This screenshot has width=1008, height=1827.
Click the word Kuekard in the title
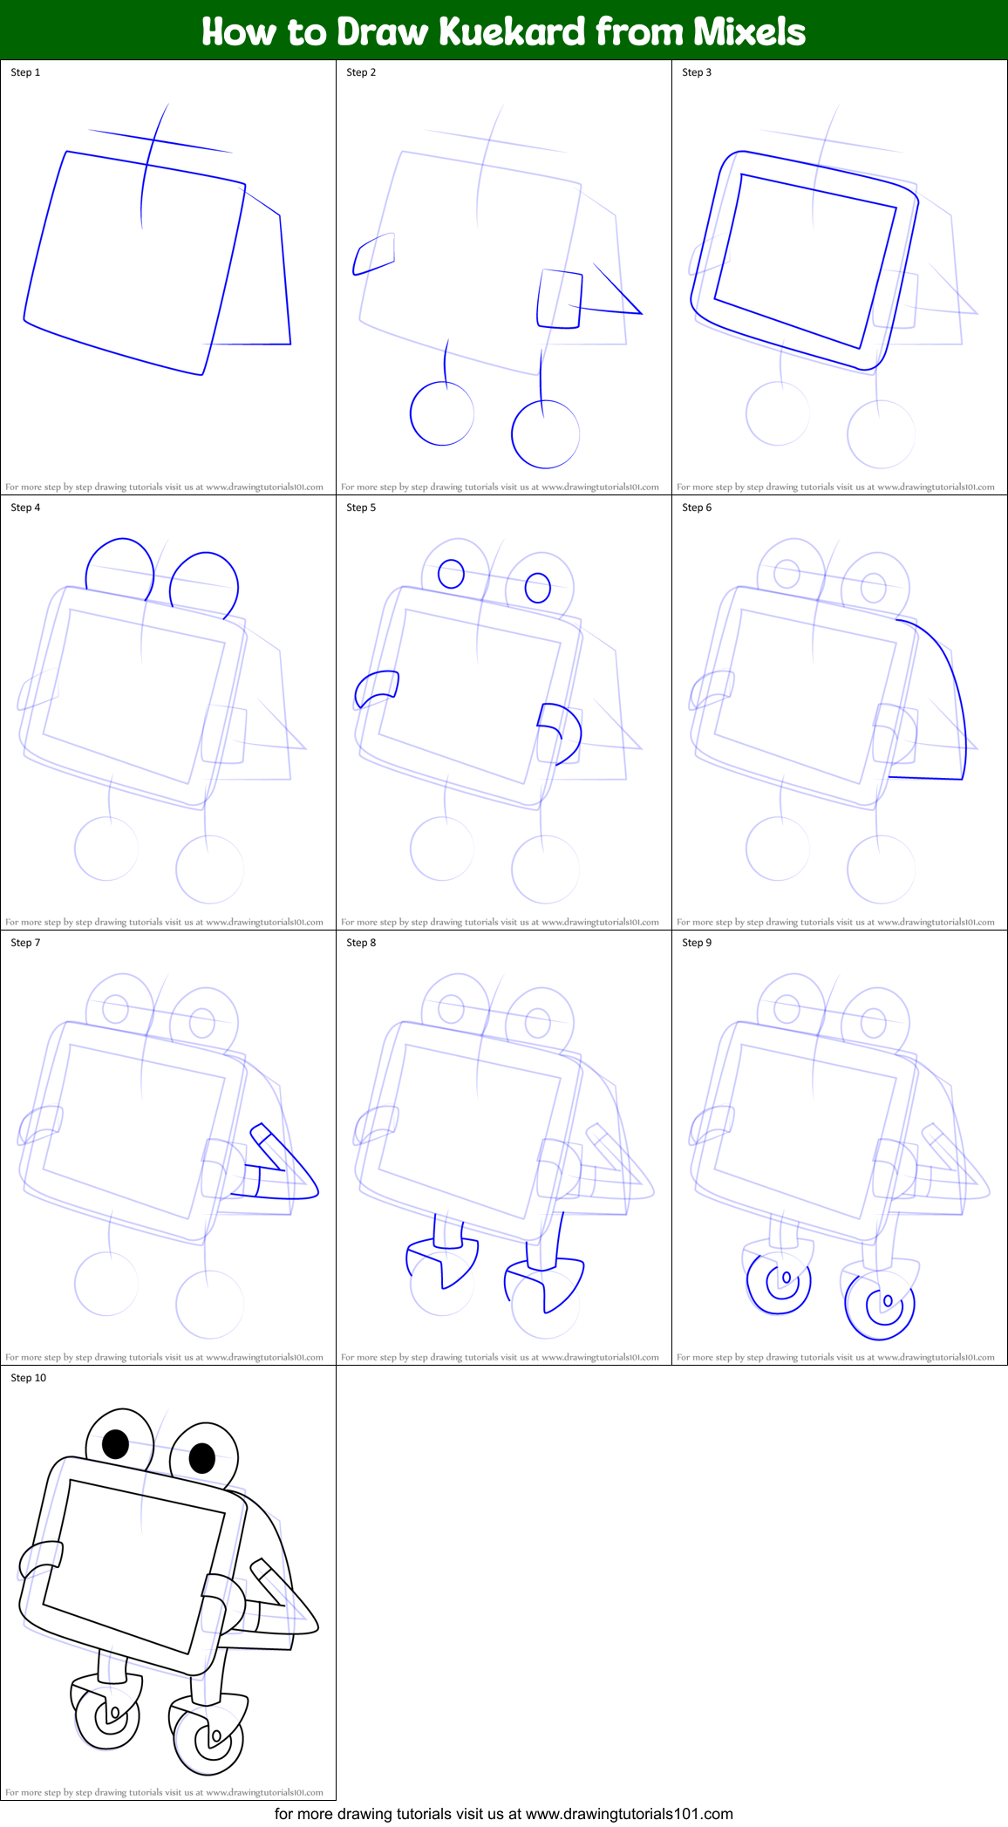pos(512,31)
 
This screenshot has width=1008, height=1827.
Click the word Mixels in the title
pos(749,31)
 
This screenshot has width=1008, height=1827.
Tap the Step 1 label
pos(25,72)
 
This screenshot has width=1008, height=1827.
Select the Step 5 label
pos(361,508)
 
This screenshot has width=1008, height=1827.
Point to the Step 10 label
pos(29,1378)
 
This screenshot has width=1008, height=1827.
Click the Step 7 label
pos(25,943)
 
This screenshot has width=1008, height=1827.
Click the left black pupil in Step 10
pos(115,1443)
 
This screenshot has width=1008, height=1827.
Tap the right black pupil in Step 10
pos(202,1456)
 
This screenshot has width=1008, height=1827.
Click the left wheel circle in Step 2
pos(442,414)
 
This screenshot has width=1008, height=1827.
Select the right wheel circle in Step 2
pos(545,434)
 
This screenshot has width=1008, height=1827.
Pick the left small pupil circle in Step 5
pos(451,573)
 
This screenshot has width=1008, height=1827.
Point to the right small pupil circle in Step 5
pos(538,588)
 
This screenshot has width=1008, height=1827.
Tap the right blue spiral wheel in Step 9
pos(881,1305)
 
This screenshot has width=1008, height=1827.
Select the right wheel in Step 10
pos(208,1740)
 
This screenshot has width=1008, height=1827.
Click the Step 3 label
pos(697,72)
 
